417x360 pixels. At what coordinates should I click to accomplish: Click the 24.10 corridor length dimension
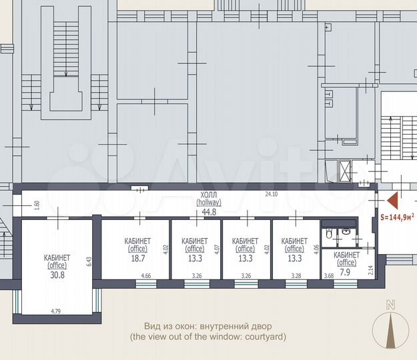270,195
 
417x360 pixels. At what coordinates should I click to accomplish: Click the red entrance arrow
392,199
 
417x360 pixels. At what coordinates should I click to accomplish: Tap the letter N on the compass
390,305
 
